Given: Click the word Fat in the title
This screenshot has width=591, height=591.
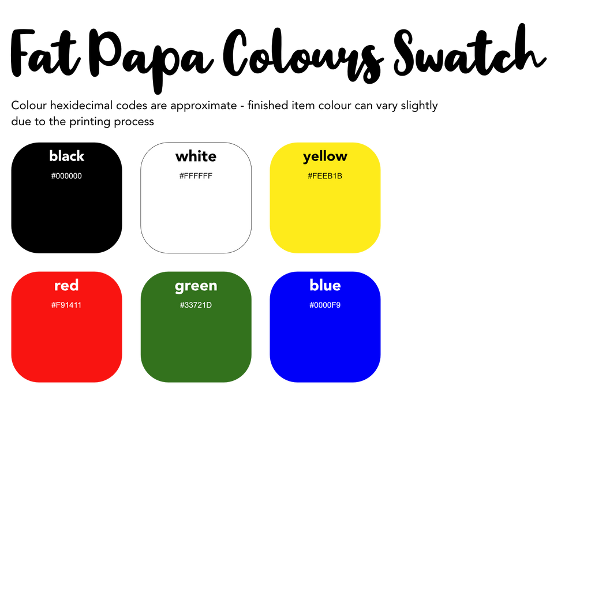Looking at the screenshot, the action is coord(45,53).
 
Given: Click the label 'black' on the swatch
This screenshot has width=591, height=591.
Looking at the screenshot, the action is coord(67,156).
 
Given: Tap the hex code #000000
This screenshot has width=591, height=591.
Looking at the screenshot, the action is coord(67,176).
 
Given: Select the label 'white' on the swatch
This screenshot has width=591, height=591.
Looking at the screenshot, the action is coord(196,156).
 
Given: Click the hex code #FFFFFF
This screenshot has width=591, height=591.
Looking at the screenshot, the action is coord(196,176).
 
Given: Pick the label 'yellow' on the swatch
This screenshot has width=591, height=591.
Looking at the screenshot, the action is coord(326,157).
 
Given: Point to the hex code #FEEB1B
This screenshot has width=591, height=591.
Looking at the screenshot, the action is coord(325,176).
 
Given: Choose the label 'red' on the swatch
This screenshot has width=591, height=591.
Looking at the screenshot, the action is coord(67,286).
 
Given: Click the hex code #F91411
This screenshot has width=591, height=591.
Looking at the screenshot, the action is coord(66,305).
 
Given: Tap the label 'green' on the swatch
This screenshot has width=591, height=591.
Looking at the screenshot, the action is coord(196,286).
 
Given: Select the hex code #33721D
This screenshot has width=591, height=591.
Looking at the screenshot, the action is coord(196,305).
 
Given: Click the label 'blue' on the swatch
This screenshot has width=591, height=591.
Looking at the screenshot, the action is coord(326,285).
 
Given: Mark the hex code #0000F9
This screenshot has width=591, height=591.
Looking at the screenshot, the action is coord(325,305).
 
